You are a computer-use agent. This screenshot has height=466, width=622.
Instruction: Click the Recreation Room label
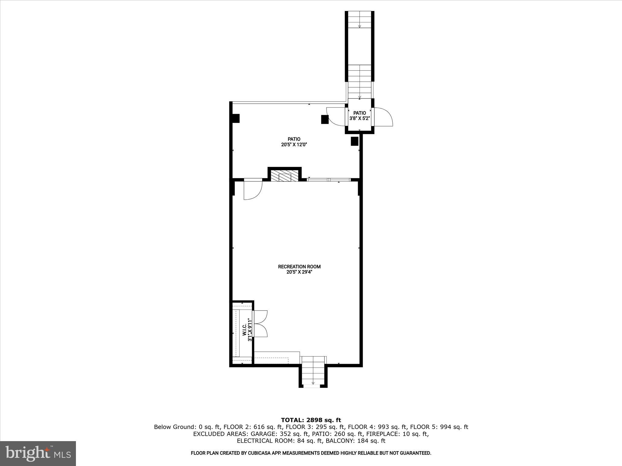pyautogui.click(x=299, y=266)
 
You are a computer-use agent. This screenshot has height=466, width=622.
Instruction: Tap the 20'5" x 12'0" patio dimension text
pyautogui.click(x=294, y=145)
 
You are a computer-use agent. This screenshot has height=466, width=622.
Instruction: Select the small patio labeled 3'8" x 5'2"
pyautogui.click(x=360, y=116)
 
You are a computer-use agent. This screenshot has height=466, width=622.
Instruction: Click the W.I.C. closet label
pyautogui.click(x=245, y=329)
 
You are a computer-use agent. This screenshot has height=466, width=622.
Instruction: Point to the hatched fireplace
pyautogui.click(x=285, y=176)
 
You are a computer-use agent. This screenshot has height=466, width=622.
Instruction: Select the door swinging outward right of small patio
pyautogui.click(x=384, y=117)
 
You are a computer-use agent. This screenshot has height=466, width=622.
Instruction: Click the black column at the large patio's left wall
pyautogui.click(x=236, y=118)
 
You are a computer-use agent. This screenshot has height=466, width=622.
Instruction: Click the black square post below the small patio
pyautogui.click(x=354, y=141)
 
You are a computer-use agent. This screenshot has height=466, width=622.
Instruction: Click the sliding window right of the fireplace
pyautogui.click(x=329, y=180)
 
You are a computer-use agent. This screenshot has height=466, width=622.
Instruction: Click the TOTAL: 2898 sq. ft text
pyautogui.click(x=311, y=420)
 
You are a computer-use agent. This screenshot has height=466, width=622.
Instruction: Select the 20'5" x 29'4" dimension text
pyautogui.click(x=299, y=272)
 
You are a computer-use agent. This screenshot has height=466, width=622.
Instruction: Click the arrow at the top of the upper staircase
pyautogui.click(x=360, y=26)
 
